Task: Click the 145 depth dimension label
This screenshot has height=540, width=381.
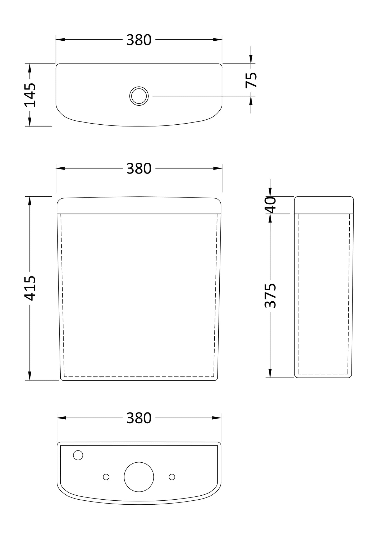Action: tap(30, 95)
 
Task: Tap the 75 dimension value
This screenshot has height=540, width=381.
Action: tap(251, 80)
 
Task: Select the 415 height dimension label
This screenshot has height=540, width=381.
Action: tap(30, 288)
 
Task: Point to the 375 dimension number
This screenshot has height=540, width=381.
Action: tap(270, 295)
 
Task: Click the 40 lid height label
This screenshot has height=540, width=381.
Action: tap(270, 205)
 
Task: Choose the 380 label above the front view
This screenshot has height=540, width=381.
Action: tap(139, 169)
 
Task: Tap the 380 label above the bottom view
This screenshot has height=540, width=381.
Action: tap(139, 418)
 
